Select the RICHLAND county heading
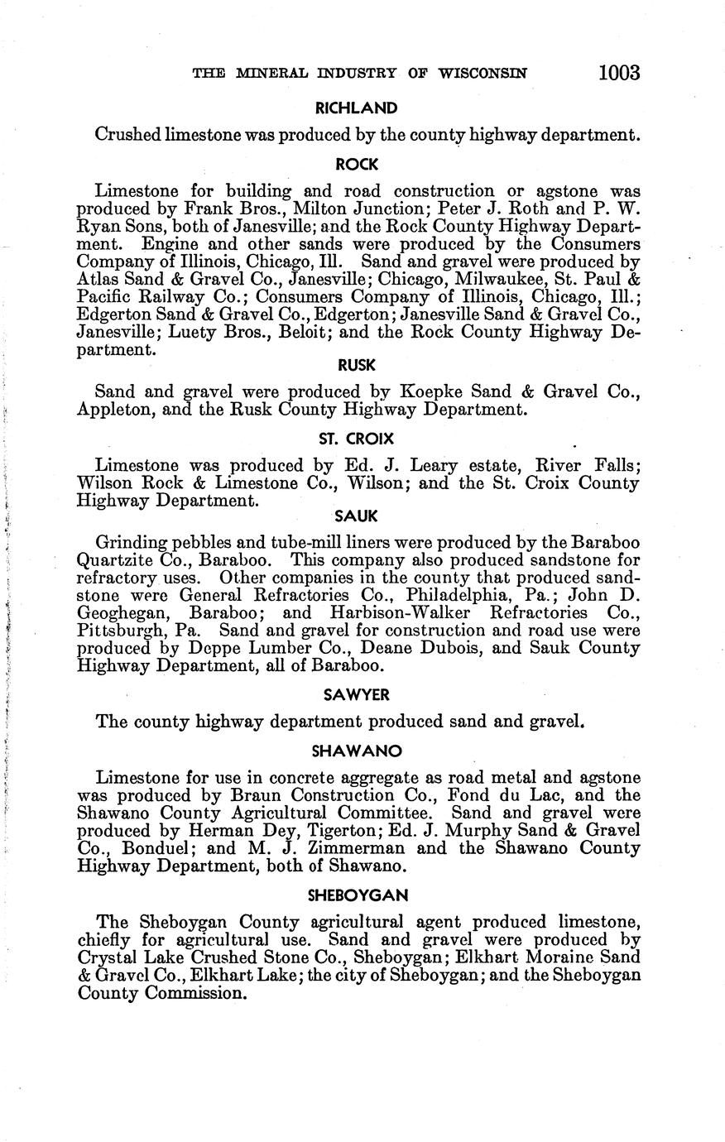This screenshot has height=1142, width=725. [x=356, y=108]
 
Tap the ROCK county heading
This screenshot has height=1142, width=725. [x=357, y=165]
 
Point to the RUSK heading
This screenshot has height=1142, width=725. [x=357, y=365]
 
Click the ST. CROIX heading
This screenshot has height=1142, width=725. [x=356, y=439]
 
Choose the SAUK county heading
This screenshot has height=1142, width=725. [x=357, y=516]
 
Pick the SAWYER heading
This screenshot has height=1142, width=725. [x=357, y=695]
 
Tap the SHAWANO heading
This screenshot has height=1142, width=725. [x=357, y=751]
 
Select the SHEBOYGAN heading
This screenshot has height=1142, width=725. [x=357, y=895]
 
